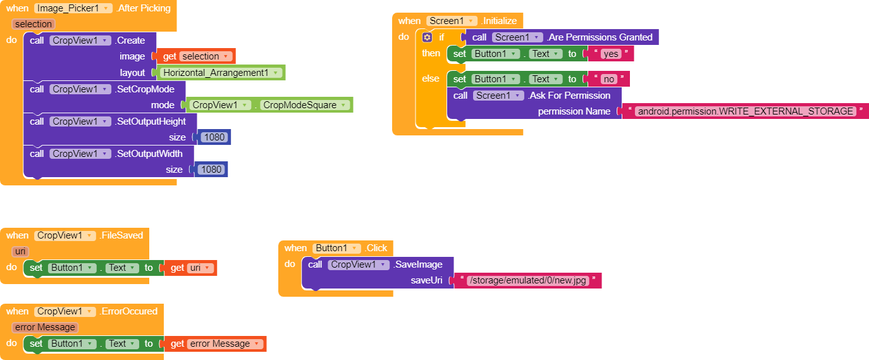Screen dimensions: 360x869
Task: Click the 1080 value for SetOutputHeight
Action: point(214,137)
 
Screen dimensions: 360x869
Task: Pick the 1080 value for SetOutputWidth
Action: point(211,170)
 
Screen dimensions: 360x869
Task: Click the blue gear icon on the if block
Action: point(427,37)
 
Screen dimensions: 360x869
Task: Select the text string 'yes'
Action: point(610,54)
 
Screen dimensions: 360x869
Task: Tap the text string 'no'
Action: point(608,79)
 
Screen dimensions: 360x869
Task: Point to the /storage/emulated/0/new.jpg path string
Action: point(527,281)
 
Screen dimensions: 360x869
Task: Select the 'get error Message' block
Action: point(215,344)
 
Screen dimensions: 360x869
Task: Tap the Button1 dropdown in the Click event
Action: point(336,248)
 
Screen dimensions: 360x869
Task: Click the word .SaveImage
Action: point(418,264)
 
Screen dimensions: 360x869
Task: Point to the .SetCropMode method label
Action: point(145,89)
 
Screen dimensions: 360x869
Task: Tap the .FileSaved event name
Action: point(121,235)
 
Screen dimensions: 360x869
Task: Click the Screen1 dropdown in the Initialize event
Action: point(452,21)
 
